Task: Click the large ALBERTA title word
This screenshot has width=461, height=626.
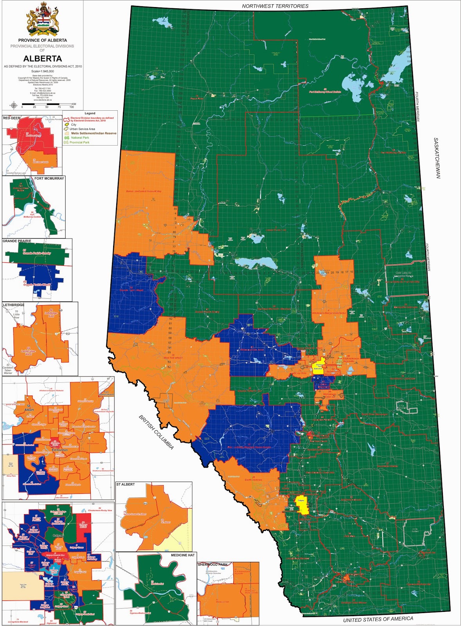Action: [x=42, y=59]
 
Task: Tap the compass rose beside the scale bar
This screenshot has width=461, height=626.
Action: [x=14, y=104]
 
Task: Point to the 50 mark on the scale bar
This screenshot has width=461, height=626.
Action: [x=47, y=107]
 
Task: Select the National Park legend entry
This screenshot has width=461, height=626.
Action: [x=80, y=138]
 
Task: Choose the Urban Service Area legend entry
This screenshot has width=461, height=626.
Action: [x=82, y=129]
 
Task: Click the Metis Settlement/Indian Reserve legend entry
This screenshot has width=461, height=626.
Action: [x=94, y=133]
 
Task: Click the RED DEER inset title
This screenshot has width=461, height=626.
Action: [x=11, y=118]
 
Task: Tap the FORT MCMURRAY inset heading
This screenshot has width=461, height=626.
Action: [x=49, y=178]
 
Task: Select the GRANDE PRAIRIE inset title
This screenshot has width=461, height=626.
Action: [x=17, y=241]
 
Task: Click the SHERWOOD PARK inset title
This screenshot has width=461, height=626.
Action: [x=212, y=565]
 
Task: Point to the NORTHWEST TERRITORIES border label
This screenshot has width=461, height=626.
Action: [x=275, y=6]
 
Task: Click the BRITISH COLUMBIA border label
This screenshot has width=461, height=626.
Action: [x=156, y=432]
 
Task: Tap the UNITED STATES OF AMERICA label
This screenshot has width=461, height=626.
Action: [x=378, y=619]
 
